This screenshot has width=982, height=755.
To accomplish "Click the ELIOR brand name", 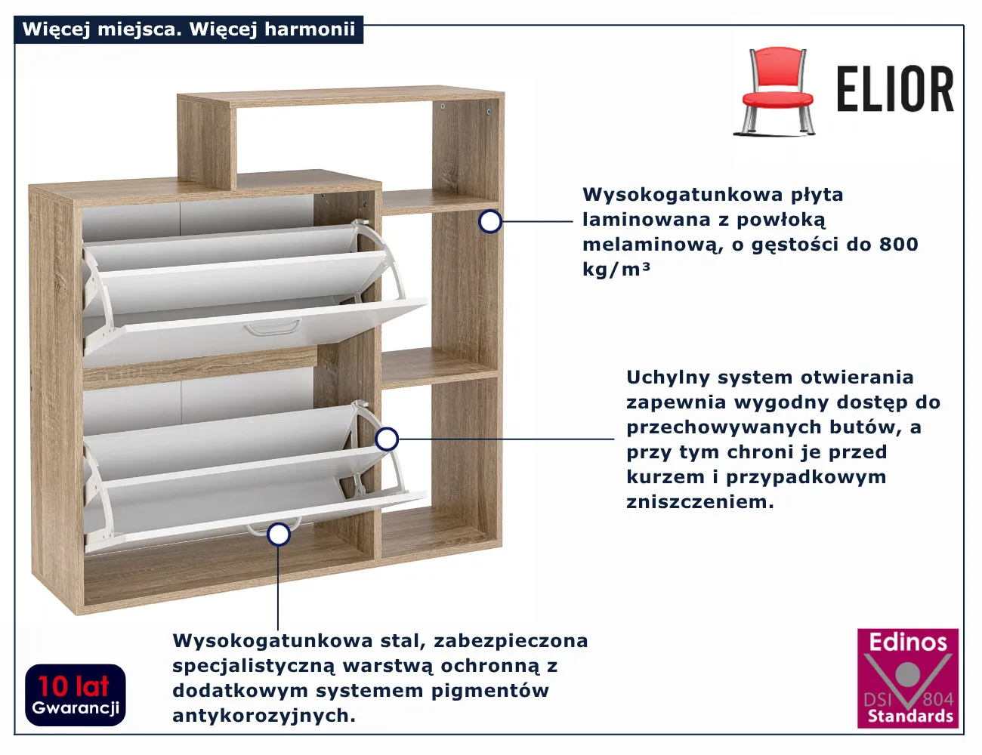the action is (x=895, y=89).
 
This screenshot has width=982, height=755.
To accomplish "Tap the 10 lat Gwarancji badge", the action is (x=76, y=695).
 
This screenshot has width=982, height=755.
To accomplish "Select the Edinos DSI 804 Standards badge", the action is (x=907, y=677).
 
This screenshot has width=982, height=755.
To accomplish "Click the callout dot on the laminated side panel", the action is (x=490, y=222).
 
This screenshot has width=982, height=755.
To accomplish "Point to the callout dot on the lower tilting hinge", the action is (x=387, y=439).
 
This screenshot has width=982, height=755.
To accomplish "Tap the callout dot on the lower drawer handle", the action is (x=279, y=535).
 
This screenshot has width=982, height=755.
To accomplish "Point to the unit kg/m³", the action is (x=616, y=269).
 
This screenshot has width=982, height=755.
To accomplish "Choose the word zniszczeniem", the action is (x=700, y=501).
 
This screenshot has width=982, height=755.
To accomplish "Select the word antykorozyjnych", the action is (x=264, y=716).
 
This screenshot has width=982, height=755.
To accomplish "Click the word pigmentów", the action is (x=489, y=692).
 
